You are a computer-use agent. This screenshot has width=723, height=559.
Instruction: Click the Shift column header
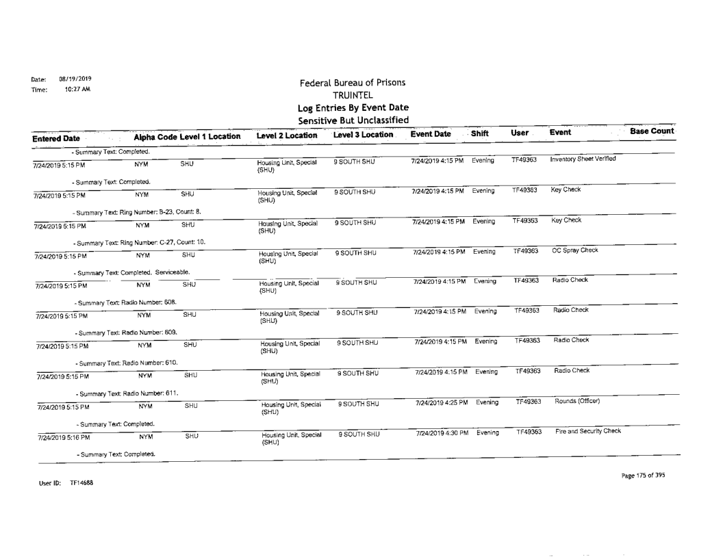[x=481, y=135]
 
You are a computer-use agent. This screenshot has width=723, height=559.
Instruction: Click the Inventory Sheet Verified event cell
[x=583, y=160]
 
